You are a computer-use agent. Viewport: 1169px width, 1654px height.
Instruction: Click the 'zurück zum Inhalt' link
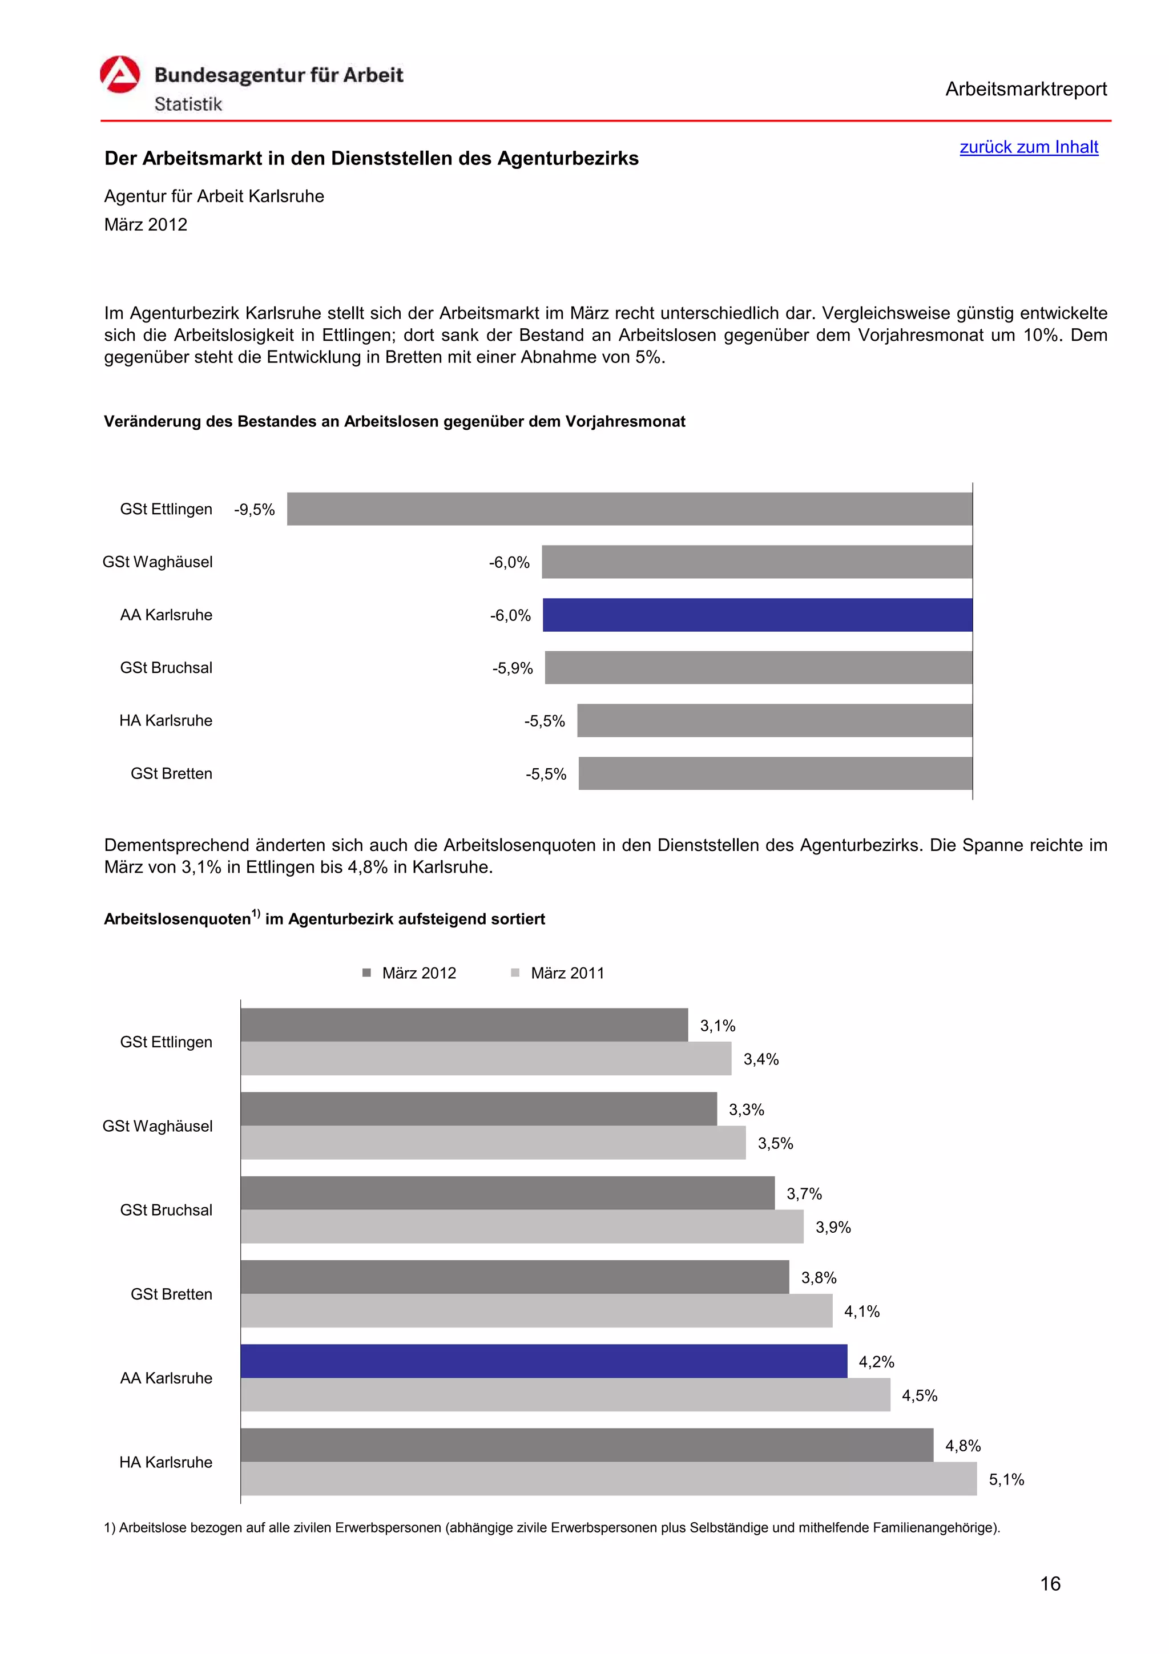point(1028,147)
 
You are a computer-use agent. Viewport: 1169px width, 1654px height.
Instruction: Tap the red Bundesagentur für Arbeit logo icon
point(119,75)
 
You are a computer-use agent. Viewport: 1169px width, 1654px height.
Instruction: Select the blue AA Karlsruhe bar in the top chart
point(757,615)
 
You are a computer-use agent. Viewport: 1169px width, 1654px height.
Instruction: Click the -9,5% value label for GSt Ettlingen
point(254,510)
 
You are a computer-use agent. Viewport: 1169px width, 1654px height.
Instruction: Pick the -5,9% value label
point(512,668)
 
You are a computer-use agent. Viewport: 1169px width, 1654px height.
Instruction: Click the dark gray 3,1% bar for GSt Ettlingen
point(464,1024)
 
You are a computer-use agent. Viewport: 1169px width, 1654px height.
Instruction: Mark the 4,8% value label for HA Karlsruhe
point(962,1445)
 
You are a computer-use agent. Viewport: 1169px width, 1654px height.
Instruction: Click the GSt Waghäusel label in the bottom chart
point(158,1126)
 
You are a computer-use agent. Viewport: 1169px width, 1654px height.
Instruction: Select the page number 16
point(1050,1583)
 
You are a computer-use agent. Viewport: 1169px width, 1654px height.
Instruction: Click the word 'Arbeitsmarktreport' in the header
point(1026,90)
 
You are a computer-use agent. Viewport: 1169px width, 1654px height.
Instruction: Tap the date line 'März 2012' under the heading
point(146,225)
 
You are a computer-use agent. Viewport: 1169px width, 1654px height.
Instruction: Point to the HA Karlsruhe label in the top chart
point(166,720)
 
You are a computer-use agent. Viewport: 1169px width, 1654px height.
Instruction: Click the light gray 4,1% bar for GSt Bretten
point(536,1310)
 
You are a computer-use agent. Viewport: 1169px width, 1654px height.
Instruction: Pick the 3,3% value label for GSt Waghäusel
point(746,1110)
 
